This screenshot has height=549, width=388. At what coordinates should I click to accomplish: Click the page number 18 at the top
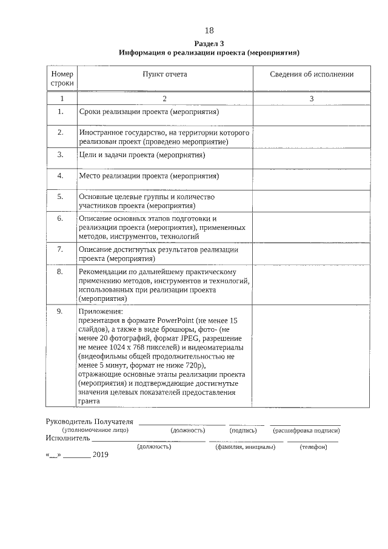pyautogui.click(x=209, y=30)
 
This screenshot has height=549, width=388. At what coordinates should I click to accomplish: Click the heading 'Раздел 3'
pyautogui.click(x=209, y=44)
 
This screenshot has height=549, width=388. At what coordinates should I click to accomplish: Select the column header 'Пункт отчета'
pyautogui.click(x=164, y=74)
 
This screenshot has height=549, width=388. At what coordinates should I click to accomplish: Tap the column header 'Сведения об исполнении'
pyautogui.click(x=312, y=74)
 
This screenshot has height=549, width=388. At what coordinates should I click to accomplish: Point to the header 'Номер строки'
pyautogui.click(x=62, y=78)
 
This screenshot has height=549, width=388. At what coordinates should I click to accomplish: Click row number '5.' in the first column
pyautogui.click(x=61, y=197)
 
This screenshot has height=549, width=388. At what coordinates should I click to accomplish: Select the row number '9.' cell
pyautogui.click(x=61, y=311)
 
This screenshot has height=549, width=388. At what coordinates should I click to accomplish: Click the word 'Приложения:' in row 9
pyautogui.click(x=100, y=312)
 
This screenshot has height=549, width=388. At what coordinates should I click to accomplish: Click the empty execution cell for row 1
pyautogui.click(x=312, y=113)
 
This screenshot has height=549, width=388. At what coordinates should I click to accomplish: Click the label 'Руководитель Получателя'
pyautogui.click(x=89, y=422)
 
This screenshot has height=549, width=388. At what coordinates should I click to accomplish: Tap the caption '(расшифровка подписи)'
pyautogui.click(x=306, y=430)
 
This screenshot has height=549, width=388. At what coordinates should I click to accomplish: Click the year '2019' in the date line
pyautogui.click(x=100, y=456)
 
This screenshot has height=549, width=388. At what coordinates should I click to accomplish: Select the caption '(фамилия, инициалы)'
pyautogui.click(x=245, y=447)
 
